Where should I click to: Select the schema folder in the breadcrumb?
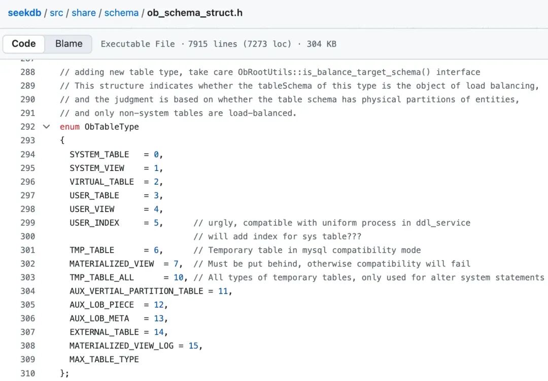(121, 13)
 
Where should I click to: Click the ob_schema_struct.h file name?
(194, 13)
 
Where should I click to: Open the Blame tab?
(68, 44)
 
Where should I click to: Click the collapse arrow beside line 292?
(47, 126)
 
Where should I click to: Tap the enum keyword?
(70, 127)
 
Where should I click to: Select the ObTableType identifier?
(112, 127)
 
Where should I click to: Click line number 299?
(28, 223)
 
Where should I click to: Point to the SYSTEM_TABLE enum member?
(99, 154)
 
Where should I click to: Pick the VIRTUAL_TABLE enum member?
(102, 182)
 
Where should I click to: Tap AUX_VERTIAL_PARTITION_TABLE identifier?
(136, 291)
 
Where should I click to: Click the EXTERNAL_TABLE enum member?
(105, 332)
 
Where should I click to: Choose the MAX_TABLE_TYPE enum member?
(105, 360)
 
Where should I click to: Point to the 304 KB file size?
(321, 44)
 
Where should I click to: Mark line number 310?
(28, 373)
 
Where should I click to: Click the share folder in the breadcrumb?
(84, 13)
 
